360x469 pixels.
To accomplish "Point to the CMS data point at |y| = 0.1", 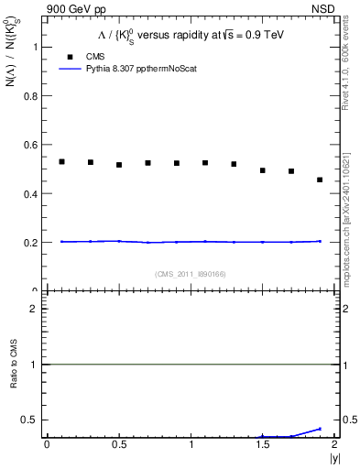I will [x=61, y=161].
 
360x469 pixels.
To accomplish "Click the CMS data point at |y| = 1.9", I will [x=320, y=180].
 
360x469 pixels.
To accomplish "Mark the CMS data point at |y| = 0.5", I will [x=119, y=165].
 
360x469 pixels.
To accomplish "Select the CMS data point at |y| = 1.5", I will [x=263, y=170].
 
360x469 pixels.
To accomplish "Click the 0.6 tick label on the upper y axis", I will [x=33, y=145].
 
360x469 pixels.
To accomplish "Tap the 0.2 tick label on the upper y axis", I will [x=33, y=243].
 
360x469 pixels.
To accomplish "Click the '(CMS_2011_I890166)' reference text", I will [x=191, y=274].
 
